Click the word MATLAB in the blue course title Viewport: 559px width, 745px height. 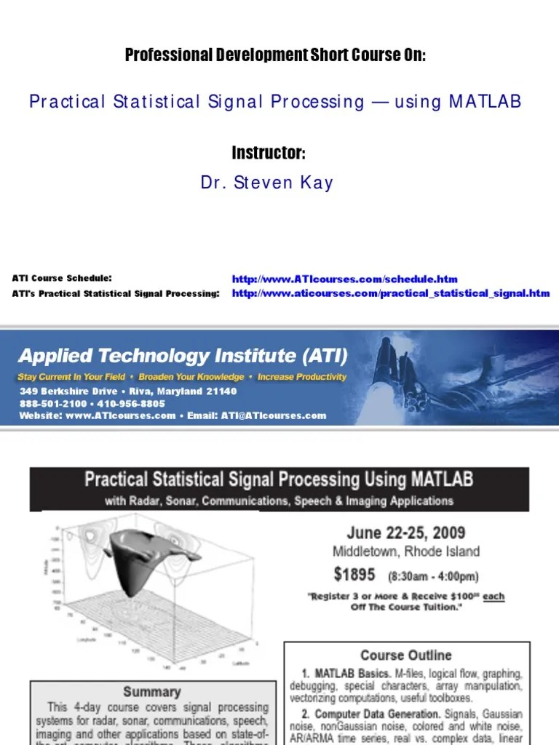[485, 102]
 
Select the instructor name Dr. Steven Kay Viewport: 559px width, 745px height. [267, 183]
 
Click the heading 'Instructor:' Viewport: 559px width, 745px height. [269, 154]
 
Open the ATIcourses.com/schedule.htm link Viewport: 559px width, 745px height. [345, 279]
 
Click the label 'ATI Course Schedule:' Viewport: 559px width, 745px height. [62, 278]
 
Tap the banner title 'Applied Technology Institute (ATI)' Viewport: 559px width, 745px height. [183, 356]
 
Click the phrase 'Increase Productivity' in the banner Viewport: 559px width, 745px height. [302, 377]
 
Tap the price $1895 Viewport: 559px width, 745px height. [354, 575]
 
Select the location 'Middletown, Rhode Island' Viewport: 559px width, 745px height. [406, 551]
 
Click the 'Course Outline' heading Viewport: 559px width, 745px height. [405, 656]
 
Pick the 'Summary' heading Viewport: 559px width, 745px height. [152, 691]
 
